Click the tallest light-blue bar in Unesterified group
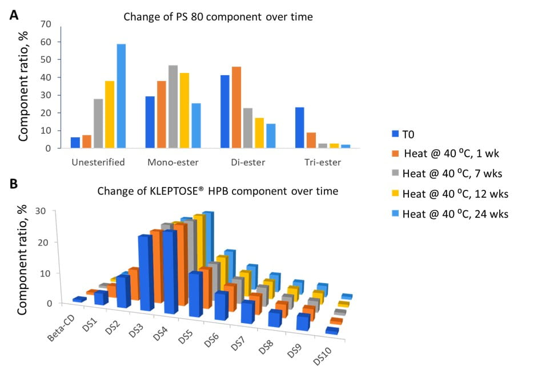click(x=121, y=96)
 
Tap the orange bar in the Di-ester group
click(x=236, y=107)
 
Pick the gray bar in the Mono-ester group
click(x=173, y=107)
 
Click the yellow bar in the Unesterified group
click(x=110, y=114)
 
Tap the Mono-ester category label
click(x=172, y=162)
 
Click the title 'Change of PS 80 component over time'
click(x=218, y=17)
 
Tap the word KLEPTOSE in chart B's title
click(x=209, y=191)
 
